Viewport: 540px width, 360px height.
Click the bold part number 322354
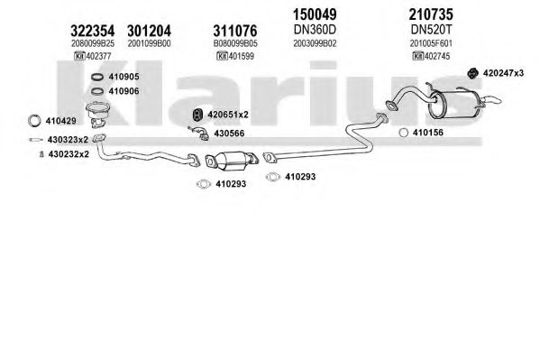pyautogui.click(x=92, y=31)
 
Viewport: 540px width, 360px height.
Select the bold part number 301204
pyautogui.click(x=149, y=31)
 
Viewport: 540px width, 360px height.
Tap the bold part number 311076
pyautogui.click(x=235, y=31)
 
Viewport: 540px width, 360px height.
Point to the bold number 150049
pyautogui.click(x=315, y=14)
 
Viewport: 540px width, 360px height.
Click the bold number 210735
pyautogui.click(x=431, y=14)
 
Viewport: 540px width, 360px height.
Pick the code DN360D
pyautogui.click(x=315, y=30)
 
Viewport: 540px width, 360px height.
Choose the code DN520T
pyautogui.click(x=431, y=30)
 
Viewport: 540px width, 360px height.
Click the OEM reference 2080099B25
pyautogui.click(x=93, y=44)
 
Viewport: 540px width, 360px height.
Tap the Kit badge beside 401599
pyautogui.click(x=222, y=56)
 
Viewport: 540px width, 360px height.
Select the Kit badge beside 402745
pyautogui.click(x=418, y=56)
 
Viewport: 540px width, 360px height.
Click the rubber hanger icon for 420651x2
pyautogui.click(x=197, y=115)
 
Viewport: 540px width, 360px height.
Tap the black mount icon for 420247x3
pyautogui.click(x=473, y=73)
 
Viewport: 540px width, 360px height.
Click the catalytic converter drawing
pyautogui.click(x=232, y=160)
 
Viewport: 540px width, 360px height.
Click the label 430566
pyautogui.click(x=229, y=134)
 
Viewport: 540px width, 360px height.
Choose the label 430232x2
pyautogui.click(x=69, y=154)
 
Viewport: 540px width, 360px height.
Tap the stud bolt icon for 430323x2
pyautogui.click(x=36, y=140)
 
